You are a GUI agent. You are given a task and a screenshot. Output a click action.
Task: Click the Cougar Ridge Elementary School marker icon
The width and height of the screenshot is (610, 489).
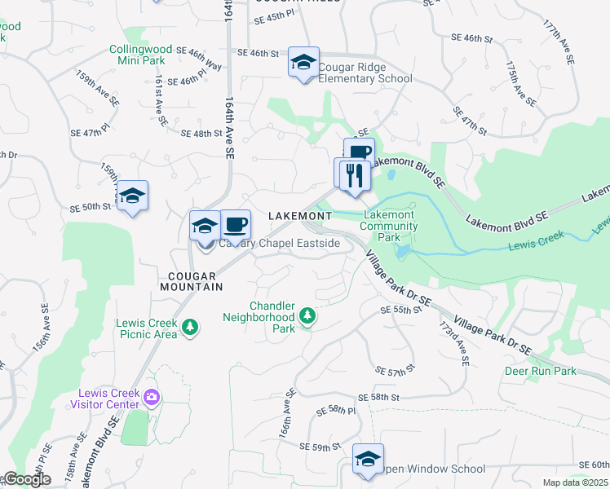[x=303, y=63]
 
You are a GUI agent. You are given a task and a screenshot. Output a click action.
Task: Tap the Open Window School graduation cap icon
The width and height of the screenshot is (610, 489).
[x=368, y=458]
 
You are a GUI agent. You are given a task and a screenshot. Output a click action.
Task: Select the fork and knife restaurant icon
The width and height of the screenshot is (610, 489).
[x=354, y=174]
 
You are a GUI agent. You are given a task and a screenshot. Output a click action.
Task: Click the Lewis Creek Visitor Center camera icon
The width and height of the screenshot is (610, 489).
[x=151, y=397]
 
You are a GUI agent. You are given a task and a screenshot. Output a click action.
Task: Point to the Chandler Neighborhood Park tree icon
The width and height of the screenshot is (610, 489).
[x=307, y=315]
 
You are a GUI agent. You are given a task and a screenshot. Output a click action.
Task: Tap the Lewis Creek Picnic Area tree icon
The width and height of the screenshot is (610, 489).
[x=190, y=327]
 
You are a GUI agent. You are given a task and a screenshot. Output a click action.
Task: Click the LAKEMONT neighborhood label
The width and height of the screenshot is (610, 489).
[x=300, y=215]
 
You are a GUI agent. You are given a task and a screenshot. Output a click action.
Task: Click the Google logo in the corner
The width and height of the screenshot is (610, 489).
[x=26, y=479]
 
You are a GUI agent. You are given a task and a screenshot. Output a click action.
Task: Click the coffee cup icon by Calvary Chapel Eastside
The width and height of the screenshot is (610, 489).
[x=236, y=223]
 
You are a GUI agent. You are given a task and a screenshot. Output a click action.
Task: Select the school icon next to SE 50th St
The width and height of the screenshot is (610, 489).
[x=132, y=196]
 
